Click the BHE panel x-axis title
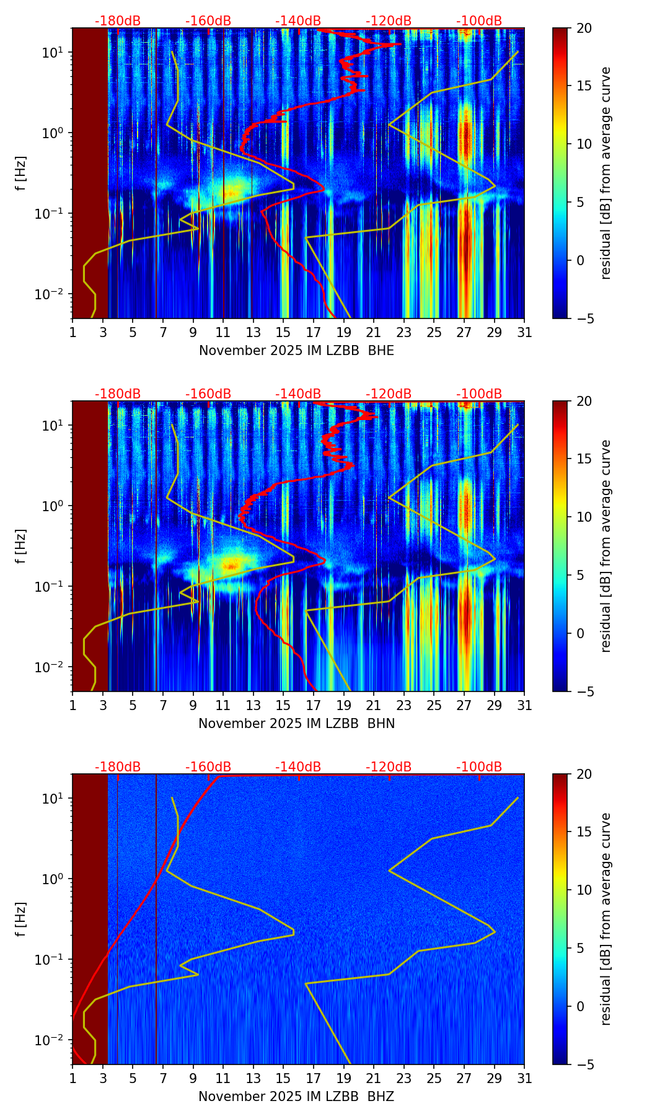point(296,351)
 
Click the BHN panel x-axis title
point(296,724)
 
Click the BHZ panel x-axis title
point(296,1097)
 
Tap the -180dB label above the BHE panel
point(118,21)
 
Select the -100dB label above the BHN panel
point(479,394)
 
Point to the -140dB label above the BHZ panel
point(298,767)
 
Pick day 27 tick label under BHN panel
point(464,706)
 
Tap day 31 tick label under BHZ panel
point(524,1079)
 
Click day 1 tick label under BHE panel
point(73,333)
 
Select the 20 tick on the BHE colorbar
point(584,29)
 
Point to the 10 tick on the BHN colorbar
point(584,517)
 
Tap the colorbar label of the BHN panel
point(606,546)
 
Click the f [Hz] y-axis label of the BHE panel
point(22,173)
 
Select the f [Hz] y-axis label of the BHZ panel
point(22,919)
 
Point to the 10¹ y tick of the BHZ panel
point(54,798)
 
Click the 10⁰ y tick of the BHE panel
point(54,133)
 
